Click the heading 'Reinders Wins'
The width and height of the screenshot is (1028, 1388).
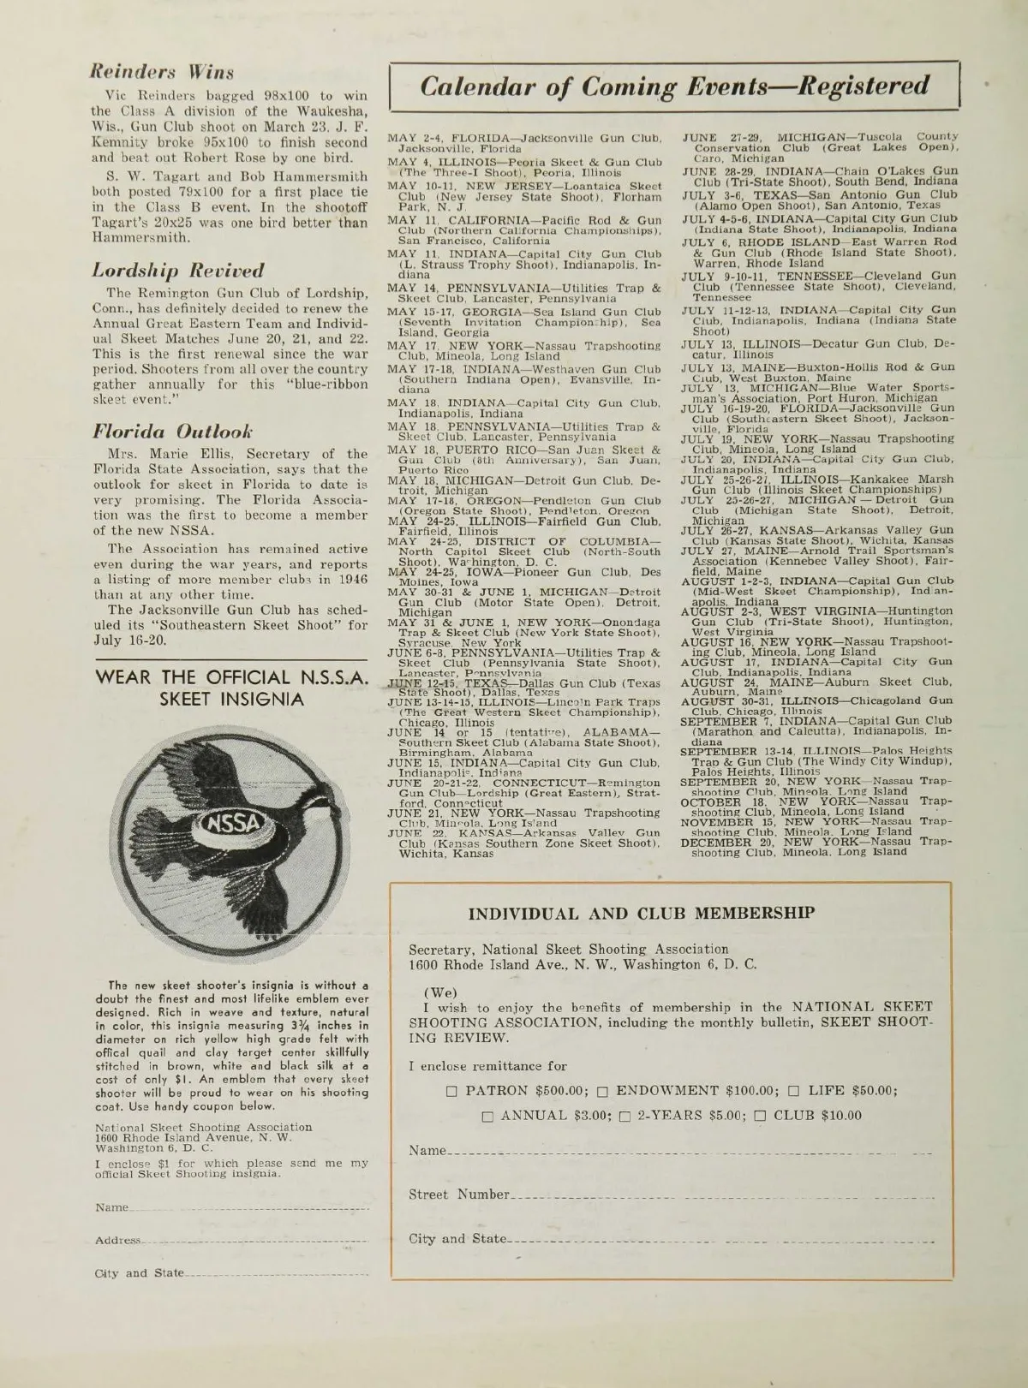click(162, 71)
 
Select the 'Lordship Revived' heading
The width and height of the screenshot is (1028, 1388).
click(178, 271)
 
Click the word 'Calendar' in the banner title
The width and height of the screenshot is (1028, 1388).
click(487, 86)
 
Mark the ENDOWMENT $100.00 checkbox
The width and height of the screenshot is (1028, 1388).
click(602, 1092)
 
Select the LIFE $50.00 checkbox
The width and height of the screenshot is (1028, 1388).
click(792, 1092)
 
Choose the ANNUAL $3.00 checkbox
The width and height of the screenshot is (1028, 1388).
click(487, 1117)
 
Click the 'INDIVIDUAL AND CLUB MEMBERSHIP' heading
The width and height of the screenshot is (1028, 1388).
click(642, 913)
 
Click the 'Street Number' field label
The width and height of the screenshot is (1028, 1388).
click(459, 1194)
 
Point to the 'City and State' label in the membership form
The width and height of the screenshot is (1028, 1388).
click(457, 1239)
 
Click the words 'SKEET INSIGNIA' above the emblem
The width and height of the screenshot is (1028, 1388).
click(231, 700)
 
